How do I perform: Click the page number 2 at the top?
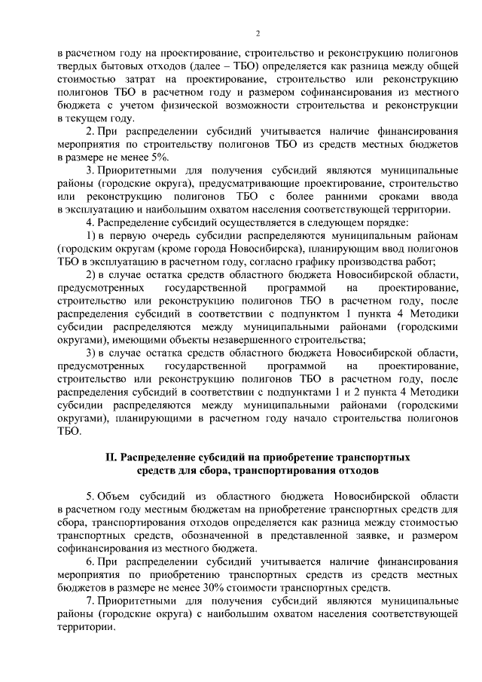pyautogui.click(x=258, y=34)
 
